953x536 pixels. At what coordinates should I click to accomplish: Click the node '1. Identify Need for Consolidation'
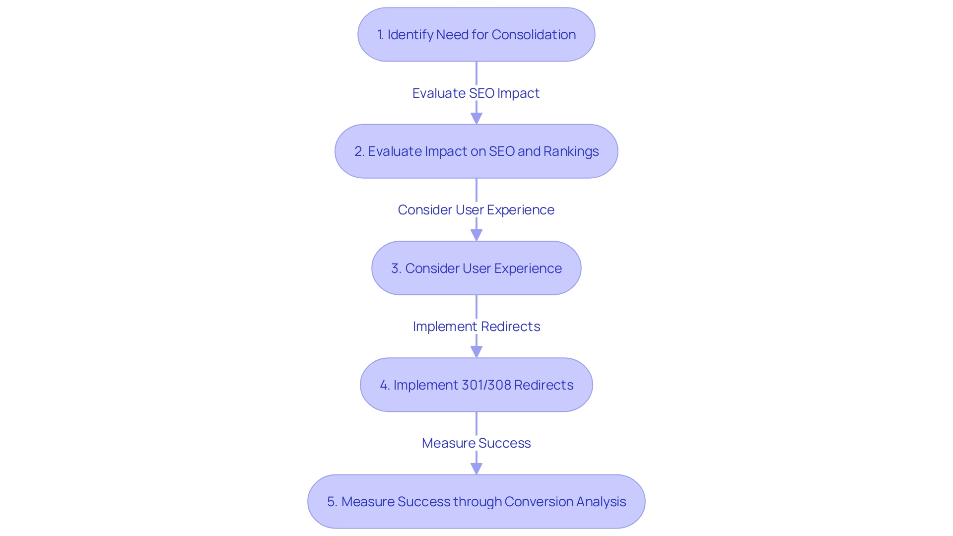point(476,35)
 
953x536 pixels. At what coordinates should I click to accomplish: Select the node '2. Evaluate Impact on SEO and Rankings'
point(476,151)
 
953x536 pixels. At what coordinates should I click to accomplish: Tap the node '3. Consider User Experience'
point(476,268)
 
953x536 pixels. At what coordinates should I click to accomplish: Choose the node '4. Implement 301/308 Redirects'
point(476,385)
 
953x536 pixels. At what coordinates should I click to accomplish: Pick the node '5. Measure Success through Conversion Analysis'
point(476,502)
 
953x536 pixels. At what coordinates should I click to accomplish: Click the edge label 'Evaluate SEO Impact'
point(476,93)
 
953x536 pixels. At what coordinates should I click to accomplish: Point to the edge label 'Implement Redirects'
point(476,327)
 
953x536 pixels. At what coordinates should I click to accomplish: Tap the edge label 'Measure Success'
point(476,443)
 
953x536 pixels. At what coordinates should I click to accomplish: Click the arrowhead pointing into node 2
point(476,119)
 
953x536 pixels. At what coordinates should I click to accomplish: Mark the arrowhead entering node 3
point(476,235)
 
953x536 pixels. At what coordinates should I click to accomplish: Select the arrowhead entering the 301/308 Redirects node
point(476,352)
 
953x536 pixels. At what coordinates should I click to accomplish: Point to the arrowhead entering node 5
point(476,469)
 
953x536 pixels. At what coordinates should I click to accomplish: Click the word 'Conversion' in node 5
point(536,502)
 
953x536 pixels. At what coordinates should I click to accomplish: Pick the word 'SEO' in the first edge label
point(481,93)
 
